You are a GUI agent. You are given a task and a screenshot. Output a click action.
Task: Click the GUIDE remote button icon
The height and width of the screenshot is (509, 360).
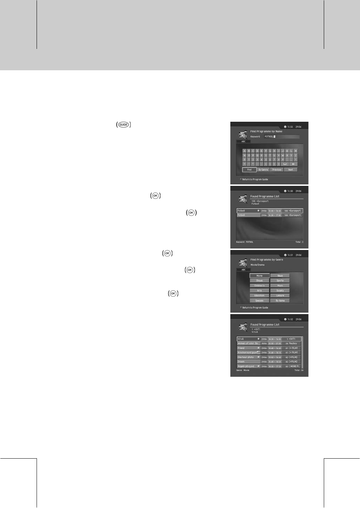point(124,125)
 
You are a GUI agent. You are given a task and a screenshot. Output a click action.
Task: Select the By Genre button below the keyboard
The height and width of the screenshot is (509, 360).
point(263,170)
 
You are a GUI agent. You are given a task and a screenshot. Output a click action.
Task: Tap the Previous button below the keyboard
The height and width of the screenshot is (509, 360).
point(277,170)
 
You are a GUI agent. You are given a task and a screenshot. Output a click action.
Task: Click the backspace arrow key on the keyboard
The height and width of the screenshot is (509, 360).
point(294,164)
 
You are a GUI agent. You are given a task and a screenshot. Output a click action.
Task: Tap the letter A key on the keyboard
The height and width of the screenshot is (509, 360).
point(244,151)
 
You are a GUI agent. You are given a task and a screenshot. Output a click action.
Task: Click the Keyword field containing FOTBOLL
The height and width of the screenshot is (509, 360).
point(281,137)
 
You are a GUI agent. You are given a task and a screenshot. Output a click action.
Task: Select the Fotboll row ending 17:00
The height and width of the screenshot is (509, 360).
point(269,215)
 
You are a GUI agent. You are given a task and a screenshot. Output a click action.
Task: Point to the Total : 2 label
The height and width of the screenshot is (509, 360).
point(299,242)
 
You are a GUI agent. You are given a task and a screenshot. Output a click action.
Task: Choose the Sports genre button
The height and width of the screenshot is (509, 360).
point(280,280)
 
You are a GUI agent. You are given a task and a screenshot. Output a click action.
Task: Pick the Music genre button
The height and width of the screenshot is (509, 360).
point(280,285)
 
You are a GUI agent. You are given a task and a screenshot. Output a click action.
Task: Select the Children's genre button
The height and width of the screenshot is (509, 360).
point(259,285)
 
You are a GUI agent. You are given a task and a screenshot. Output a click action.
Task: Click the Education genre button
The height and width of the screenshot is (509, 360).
point(259,296)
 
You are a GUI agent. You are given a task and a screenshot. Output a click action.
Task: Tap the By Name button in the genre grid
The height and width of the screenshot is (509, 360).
point(280,301)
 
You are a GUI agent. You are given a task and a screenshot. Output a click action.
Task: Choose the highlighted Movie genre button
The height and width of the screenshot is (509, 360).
point(259,276)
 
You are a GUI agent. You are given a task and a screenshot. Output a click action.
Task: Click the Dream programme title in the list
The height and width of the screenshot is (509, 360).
point(241,362)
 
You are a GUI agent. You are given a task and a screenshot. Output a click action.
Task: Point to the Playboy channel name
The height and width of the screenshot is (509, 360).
point(293,343)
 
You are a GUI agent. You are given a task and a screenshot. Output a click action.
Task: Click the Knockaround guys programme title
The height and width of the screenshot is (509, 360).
point(247,352)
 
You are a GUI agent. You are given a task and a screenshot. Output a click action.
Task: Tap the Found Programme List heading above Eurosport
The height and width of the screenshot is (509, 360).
point(265,196)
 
